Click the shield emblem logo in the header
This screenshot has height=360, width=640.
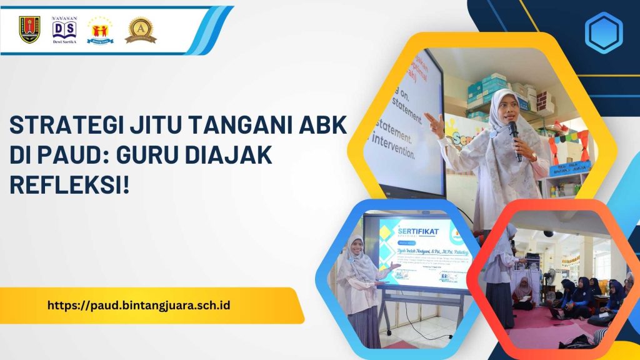29,29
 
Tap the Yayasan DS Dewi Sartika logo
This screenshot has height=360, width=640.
64,29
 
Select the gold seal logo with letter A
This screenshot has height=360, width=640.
140,29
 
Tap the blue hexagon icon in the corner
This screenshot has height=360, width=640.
603,32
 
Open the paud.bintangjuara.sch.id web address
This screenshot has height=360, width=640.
138,306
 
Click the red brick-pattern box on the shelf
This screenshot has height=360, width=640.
544,101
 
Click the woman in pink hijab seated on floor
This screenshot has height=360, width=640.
522,294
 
